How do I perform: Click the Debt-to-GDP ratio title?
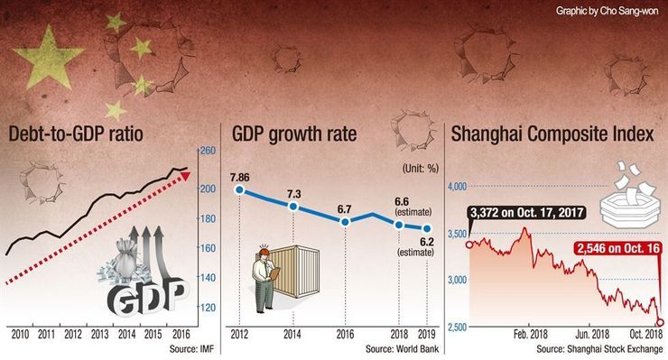76,134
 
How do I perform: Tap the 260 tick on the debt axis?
208,151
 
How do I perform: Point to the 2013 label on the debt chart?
99,335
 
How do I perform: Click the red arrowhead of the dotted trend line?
185,175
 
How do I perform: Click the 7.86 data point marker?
239,189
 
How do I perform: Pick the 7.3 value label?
293,194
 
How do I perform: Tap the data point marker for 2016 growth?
346,222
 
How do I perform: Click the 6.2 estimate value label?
426,242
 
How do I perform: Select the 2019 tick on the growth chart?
426,335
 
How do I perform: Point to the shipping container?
296,271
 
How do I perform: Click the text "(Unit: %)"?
421,169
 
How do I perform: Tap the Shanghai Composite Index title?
552,134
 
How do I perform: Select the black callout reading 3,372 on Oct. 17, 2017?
526,212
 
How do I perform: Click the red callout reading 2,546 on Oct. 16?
617,248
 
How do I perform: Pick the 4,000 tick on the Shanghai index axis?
457,186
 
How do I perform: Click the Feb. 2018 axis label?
531,335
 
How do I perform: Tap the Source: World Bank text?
402,349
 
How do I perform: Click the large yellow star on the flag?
48,59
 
